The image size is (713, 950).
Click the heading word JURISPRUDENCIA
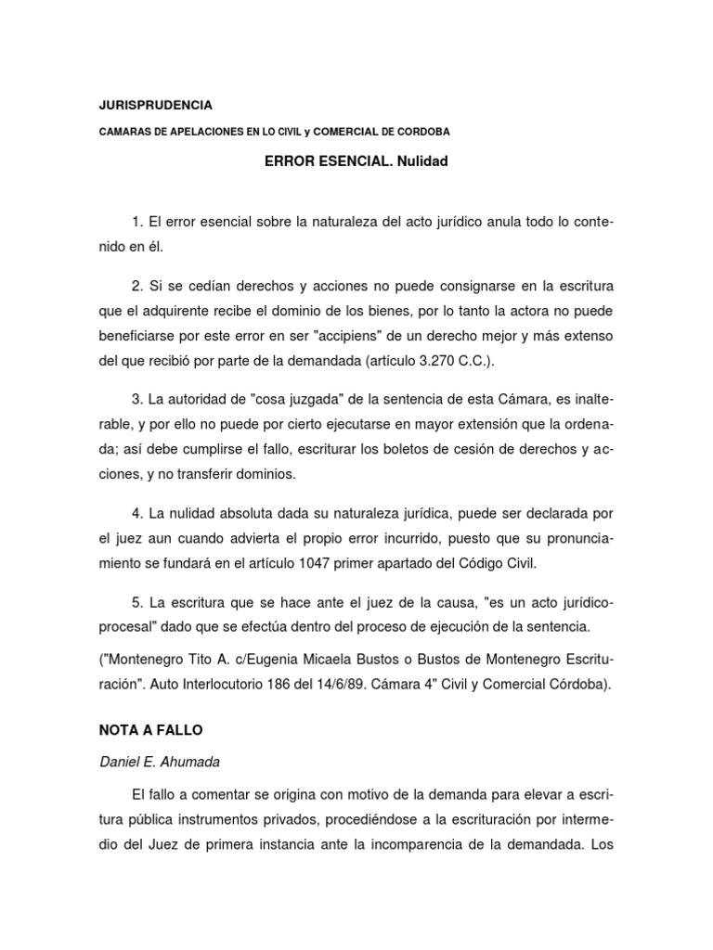tap(155, 105)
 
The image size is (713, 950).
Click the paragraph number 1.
tap(138, 223)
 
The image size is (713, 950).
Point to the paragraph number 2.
tap(138, 283)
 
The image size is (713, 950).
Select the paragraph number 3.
tap(138, 398)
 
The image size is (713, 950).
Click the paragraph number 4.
tap(138, 513)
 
